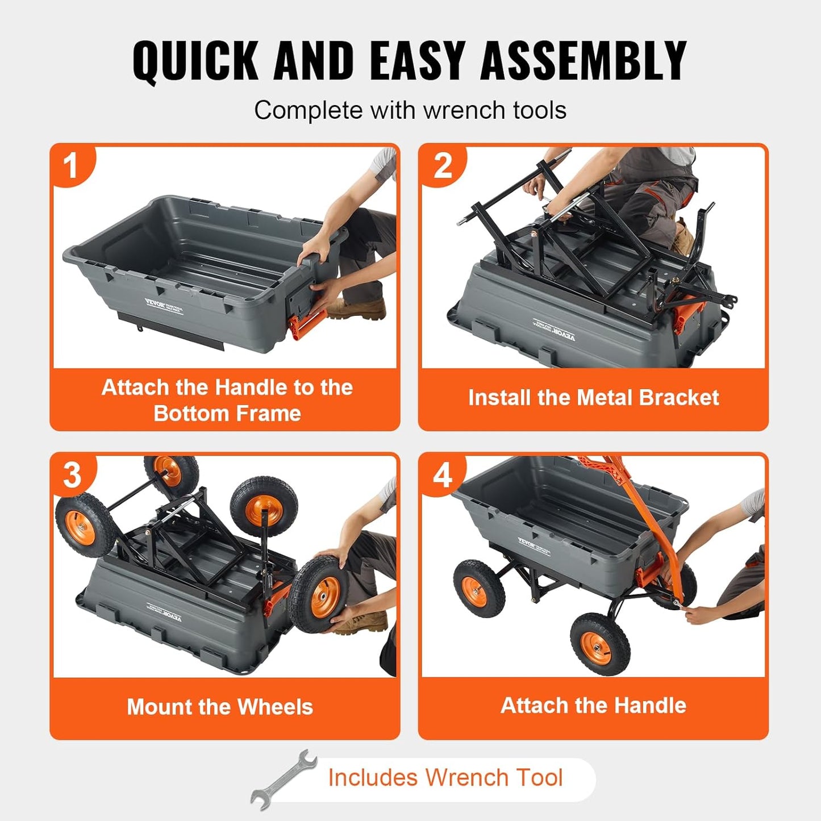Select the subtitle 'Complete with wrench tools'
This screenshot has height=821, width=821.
coord(410,110)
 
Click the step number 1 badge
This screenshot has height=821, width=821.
coord(70,165)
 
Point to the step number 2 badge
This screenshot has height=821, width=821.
coord(442,165)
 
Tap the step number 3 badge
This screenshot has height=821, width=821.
coord(72,474)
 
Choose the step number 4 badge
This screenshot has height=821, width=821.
coord(442,474)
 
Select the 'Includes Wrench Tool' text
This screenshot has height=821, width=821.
coord(445,777)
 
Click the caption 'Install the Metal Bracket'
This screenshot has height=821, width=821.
coord(593,398)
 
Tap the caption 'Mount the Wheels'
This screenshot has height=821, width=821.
coord(220,707)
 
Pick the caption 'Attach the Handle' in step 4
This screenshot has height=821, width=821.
coord(593,706)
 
